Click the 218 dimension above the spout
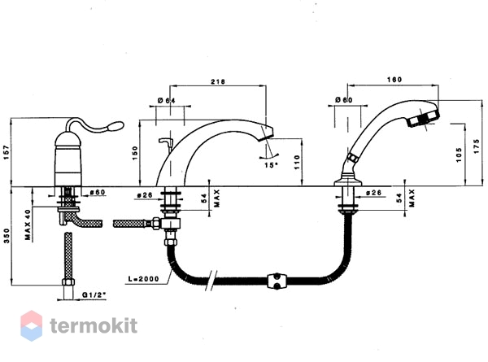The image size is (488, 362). tap(218, 81)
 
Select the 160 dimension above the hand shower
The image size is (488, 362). tap(394, 80)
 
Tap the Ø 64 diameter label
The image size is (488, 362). tap(167, 101)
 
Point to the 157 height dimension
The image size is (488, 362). tap(7, 152)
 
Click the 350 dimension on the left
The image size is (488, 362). tap(7, 236)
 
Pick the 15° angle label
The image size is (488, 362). tap(271, 165)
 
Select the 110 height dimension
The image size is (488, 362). tap(297, 162)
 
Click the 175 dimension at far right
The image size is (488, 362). tap(477, 146)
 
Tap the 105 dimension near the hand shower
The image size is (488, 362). tap(459, 155)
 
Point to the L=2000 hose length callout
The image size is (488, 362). tap(143, 279)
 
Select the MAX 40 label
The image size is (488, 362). tap(28, 225)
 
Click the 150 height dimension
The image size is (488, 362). tap(134, 153)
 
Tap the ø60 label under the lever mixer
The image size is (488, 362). tap(98, 192)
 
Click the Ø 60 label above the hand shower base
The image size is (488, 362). tap(344, 100)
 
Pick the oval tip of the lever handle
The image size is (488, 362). tap(115, 126)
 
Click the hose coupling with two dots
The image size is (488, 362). tap(277, 281)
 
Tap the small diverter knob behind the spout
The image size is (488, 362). tap(166, 142)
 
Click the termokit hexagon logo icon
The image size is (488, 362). tap(32, 325)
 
